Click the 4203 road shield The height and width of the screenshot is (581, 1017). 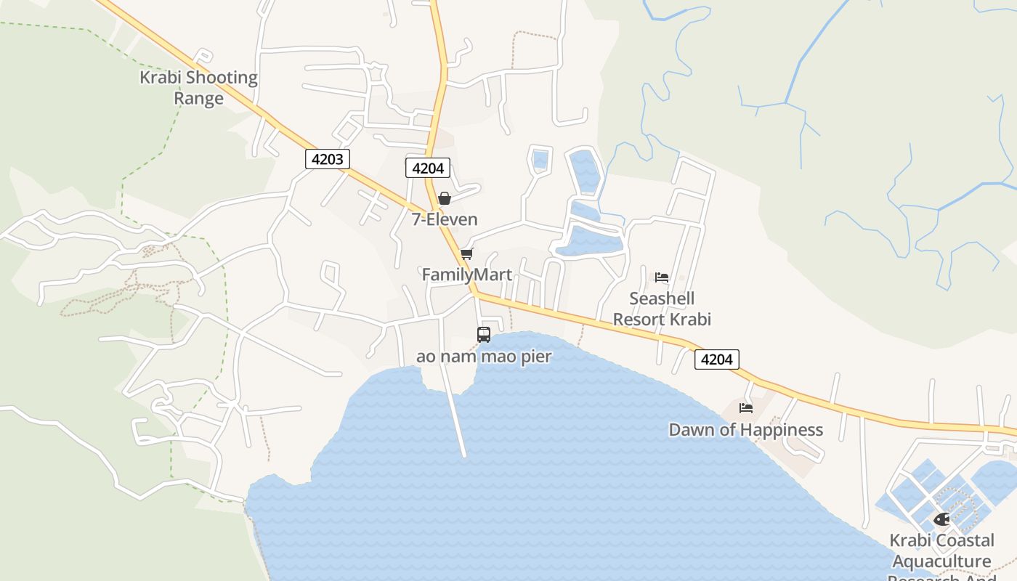pyautogui.click(x=328, y=159)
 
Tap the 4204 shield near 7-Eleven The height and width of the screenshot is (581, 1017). pyautogui.click(x=428, y=168)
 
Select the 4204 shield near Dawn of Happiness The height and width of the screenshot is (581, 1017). pyautogui.click(x=717, y=359)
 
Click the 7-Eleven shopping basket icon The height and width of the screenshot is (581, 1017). pyautogui.click(x=445, y=198)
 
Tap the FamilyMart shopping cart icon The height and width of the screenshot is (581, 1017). pyautogui.click(x=466, y=253)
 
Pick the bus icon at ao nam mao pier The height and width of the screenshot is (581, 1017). pyautogui.click(x=484, y=335)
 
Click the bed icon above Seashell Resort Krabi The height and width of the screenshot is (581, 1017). pyautogui.click(x=661, y=277)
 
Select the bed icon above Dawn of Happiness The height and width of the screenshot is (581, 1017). pyautogui.click(x=745, y=408)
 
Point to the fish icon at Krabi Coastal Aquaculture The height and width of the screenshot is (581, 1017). pyautogui.click(x=941, y=519)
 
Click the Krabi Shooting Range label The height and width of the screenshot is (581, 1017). pyautogui.click(x=198, y=87)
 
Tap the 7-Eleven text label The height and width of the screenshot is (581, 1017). pyautogui.click(x=445, y=219)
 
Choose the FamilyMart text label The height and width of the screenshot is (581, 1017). pyautogui.click(x=467, y=275)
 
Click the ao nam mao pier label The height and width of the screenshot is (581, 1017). pyautogui.click(x=484, y=357)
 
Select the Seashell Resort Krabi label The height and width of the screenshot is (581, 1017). pyautogui.click(x=662, y=309)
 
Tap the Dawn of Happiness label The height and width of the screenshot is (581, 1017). pyautogui.click(x=745, y=430)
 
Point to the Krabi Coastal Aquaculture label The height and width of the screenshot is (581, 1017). pyautogui.click(x=941, y=550)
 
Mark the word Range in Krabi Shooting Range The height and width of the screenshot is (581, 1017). pyautogui.click(x=198, y=98)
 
